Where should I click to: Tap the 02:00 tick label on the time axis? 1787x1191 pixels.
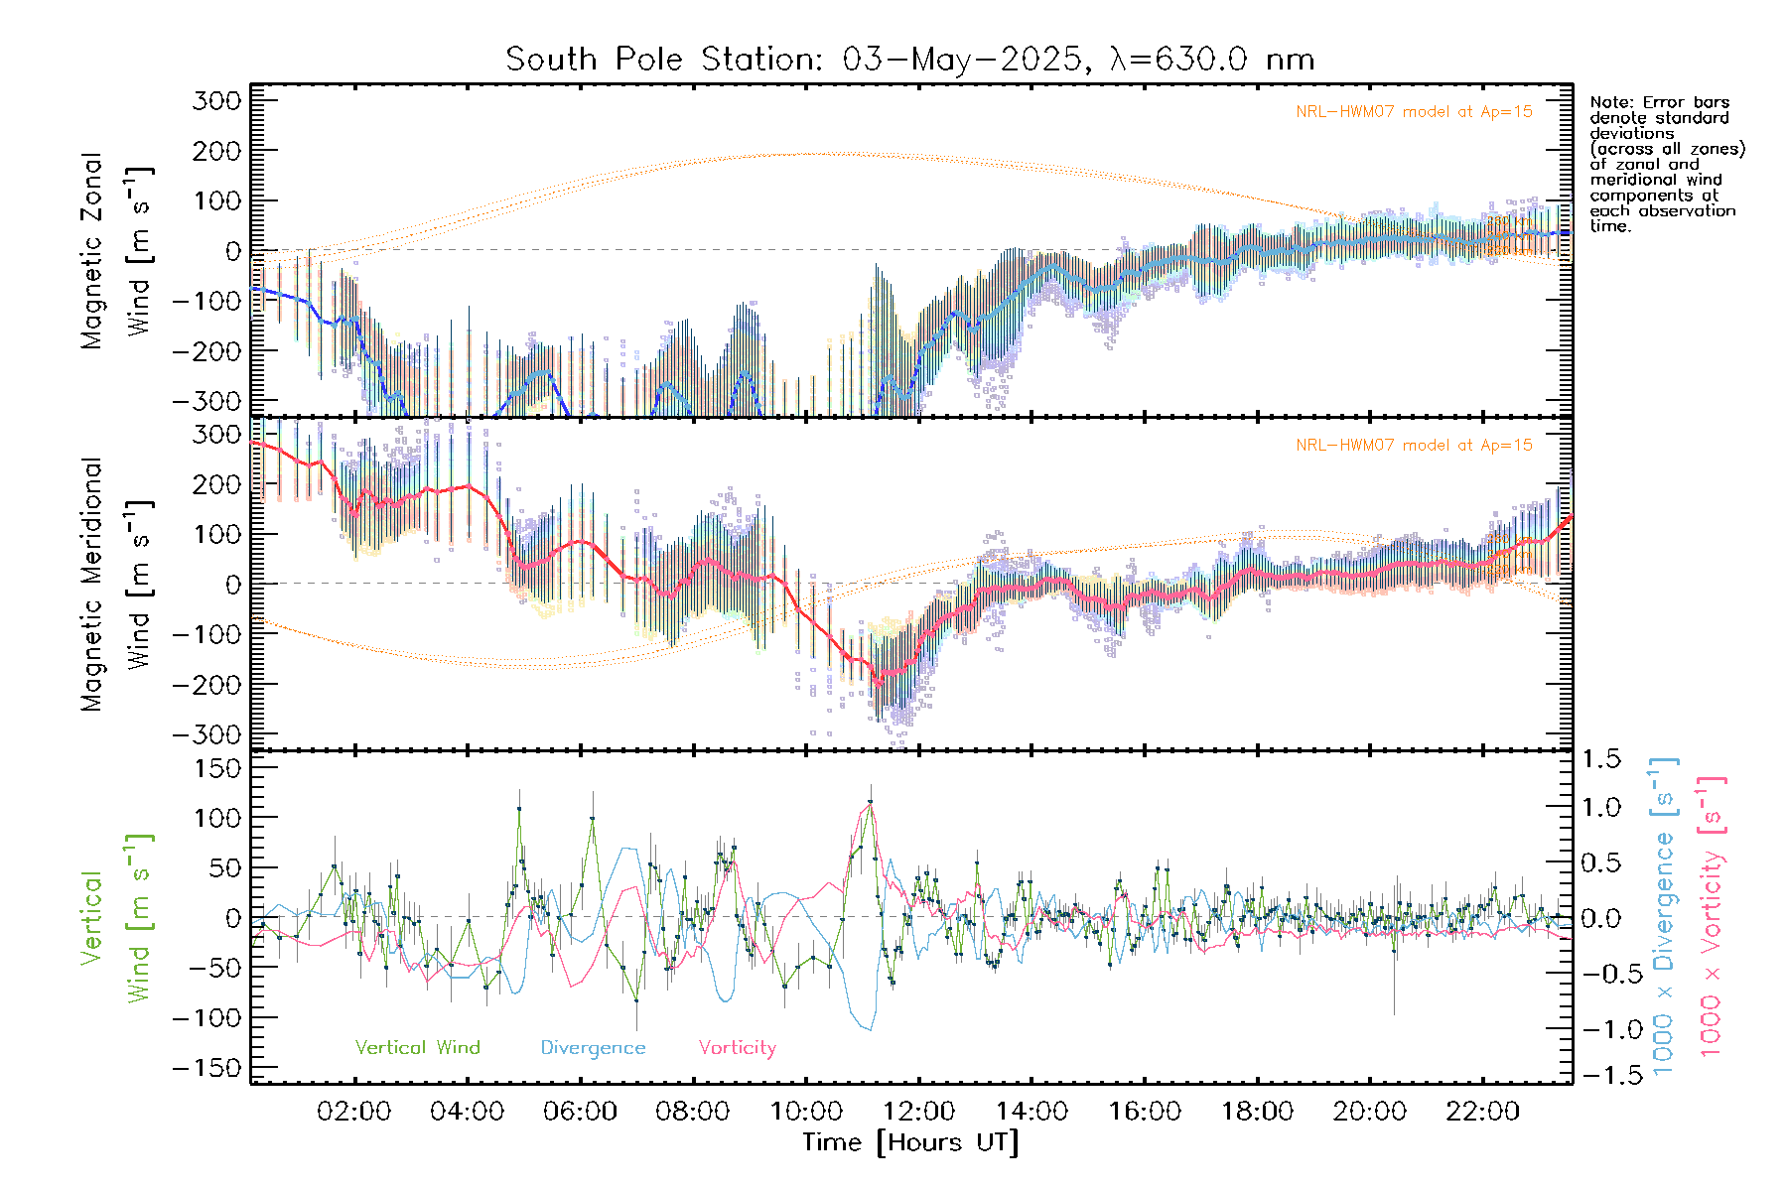coord(353,1112)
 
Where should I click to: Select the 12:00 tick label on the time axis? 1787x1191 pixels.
coord(918,1112)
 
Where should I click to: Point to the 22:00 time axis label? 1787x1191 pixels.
coord(1482,1112)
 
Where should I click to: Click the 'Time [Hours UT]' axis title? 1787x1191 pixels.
coord(910,1142)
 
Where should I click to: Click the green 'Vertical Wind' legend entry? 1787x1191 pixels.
coord(417,1048)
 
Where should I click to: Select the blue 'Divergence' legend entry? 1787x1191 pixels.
coord(593,1048)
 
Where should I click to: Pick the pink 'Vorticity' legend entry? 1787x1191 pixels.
coord(737,1048)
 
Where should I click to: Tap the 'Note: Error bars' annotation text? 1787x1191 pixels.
coord(1660,103)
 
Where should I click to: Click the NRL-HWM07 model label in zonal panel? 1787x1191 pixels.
coord(1414,112)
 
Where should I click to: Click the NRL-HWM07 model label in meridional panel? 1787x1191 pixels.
coord(1414,446)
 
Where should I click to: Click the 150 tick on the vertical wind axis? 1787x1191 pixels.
coord(218,768)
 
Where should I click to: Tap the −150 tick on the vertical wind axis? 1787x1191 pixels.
coord(208,1068)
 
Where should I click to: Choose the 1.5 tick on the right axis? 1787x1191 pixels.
coord(1600,759)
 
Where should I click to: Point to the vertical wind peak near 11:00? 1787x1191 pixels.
coord(870,805)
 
